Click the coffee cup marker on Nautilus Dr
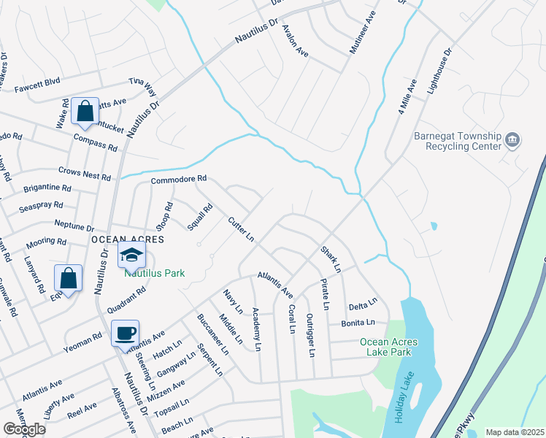coord(125,333)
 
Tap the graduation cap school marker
coord(132,255)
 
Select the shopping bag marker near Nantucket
coord(85,112)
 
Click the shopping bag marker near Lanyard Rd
coord(68,277)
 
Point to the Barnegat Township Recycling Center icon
coord(512,139)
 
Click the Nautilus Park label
coord(154,273)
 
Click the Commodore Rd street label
coord(179,179)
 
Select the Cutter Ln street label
coord(240,229)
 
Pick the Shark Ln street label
coord(330,260)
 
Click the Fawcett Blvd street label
coord(37,82)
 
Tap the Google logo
coord(24,429)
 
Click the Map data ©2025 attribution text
coord(515,432)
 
